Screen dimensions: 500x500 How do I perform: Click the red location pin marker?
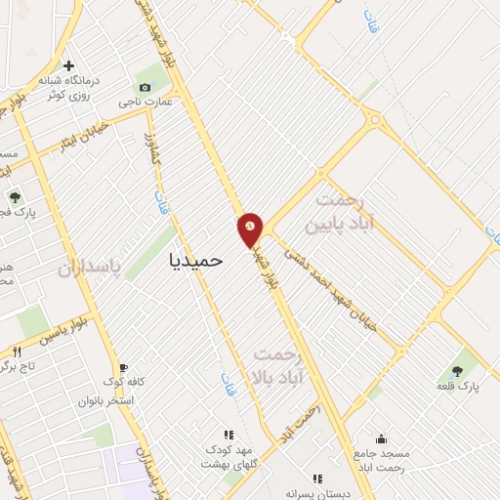coord(251,229)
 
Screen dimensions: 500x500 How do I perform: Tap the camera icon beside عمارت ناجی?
coord(146,87)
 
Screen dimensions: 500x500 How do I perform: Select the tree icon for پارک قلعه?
coord(458,371)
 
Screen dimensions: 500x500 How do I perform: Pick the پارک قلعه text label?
coord(458,388)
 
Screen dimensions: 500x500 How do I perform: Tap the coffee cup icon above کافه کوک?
coord(124,368)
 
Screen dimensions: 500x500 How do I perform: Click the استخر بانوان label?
coord(122,400)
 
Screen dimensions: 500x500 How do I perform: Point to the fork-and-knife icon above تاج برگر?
coord(17,351)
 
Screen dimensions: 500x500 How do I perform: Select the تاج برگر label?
coord(21,366)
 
